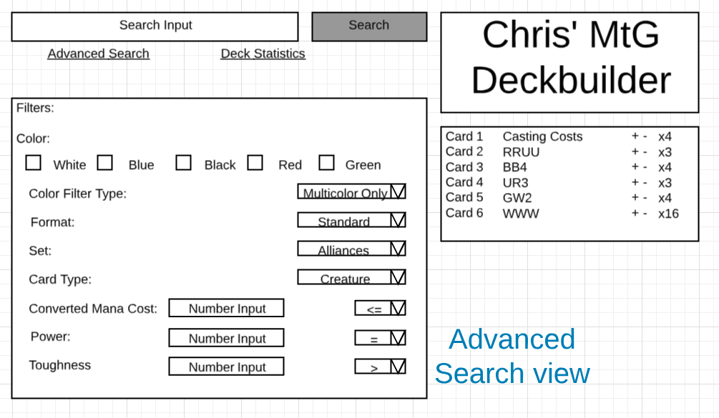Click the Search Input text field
pyautogui.click(x=155, y=26)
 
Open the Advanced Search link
pyautogui.click(x=99, y=54)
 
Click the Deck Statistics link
pyautogui.click(x=263, y=54)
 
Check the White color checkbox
pyautogui.click(x=33, y=163)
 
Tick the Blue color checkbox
pyautogui.click(x=105, y=163)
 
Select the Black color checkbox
pyautogui.click(x=184, y=163)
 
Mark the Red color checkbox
pyautogui.click(x=255, y=163)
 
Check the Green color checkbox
pyautogui.click(x=327, y=163)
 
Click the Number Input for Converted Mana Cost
pyautogui.click(x=227, y=309)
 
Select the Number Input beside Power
pyautogui.click(x=227, y=338)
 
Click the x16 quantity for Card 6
pyautogui.click(x=668, y=214)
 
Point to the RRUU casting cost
pyautogui.click(x=521, y=152)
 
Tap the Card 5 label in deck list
pyautogui.click(x=464, y=198)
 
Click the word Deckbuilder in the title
pyautogui.click(x=571, y=80)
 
